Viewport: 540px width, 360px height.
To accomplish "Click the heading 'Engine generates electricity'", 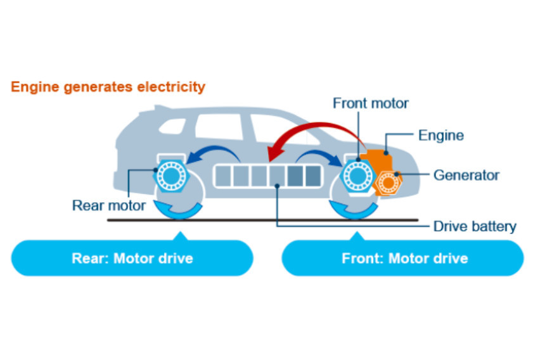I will pos(108,87).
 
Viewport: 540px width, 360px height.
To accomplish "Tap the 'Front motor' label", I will pos(371,103).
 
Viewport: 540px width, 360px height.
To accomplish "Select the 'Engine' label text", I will pos(440,135).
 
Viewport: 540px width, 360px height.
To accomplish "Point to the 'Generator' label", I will pos(466,175).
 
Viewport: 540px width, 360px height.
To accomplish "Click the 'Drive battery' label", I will pos(475,226).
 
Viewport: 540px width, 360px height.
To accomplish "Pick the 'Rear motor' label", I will pos(109,205).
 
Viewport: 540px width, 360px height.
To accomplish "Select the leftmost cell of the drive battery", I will pos(224,176).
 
